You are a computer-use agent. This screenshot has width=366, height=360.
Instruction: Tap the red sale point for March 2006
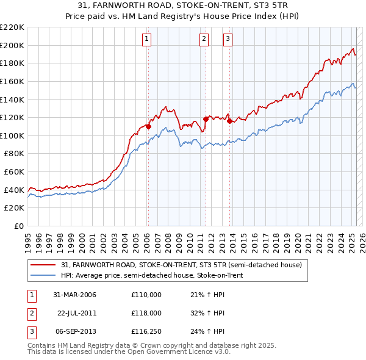point(148,127)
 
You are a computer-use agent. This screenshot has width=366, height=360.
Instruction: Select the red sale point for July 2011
point(206,120)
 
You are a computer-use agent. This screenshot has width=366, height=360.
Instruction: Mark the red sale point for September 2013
point(229,121)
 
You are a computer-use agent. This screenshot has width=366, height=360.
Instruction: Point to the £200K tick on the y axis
point(12,45)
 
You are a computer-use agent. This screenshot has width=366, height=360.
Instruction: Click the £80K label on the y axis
point(14,154)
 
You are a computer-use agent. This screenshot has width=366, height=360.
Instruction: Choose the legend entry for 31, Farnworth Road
point(181,265)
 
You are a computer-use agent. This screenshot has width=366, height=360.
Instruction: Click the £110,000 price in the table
point(146,295)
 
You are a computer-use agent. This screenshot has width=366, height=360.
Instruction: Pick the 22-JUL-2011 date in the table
point(77,312)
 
